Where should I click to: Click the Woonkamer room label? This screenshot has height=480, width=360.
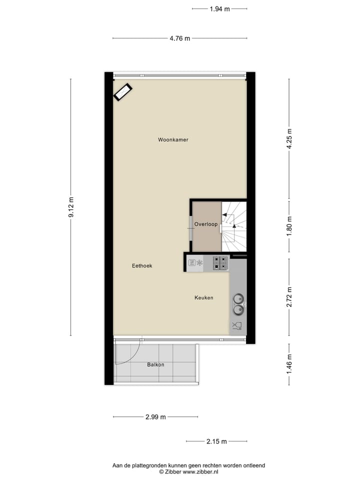tap(173, 140)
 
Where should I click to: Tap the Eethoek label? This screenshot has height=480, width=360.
tap(142, 266)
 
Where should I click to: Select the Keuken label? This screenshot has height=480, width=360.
tap(204, 298)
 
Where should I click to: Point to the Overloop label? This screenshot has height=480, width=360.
tap(206, 224)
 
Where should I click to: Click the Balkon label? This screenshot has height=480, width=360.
tap(155, 365)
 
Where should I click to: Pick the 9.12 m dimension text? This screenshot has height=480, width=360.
tap(70, 207)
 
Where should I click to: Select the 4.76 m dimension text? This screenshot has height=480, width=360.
tap(180, 38)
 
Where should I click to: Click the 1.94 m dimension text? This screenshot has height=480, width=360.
tap(220, 8)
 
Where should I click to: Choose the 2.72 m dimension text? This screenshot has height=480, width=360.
tap(289, 297)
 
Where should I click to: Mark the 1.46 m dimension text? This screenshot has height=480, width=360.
tap(289, 364)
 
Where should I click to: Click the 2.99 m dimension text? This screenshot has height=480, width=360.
tap(156, 417)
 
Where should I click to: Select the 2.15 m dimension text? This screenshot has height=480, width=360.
tap(216, 441)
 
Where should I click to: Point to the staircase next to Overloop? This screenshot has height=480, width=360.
tap(234, 226)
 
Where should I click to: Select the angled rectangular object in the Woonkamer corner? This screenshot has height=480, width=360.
tap(122, 92)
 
